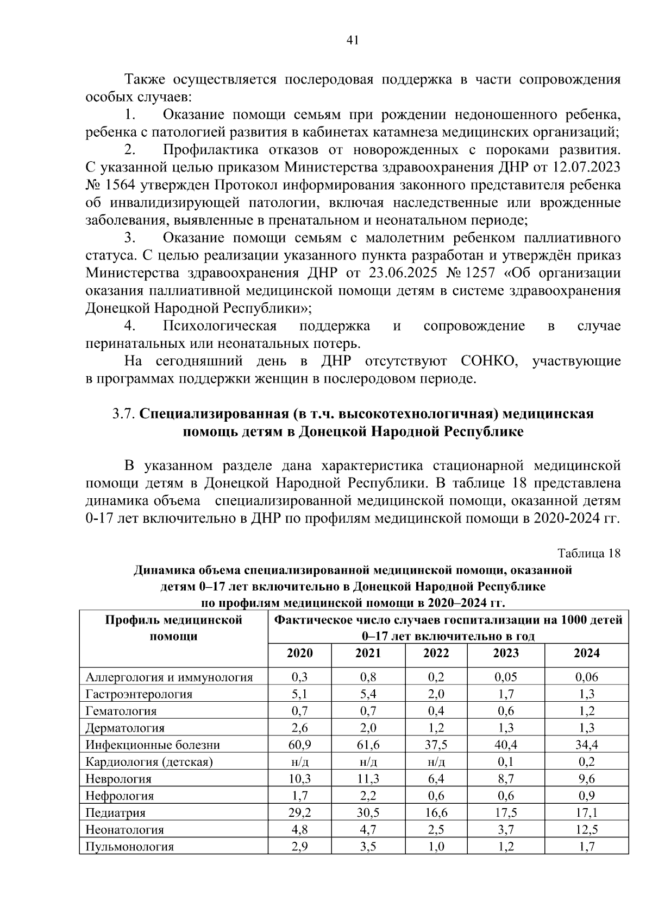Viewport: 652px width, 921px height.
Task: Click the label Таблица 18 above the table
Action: click(x=589, y=554)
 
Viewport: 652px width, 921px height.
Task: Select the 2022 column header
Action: click(x=436, y=653)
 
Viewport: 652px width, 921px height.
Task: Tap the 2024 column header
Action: click(x=586, y=653)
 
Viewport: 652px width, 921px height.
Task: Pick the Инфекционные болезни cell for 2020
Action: click(x=299, y=745)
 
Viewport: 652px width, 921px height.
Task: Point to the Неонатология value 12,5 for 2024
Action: click(x=586, y=829)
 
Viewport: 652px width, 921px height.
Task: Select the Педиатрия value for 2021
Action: click(x=368, y=812)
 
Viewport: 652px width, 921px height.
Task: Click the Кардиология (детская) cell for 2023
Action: click(x=505, y=761)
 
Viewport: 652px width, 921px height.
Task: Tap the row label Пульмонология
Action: click(x=130, y=847)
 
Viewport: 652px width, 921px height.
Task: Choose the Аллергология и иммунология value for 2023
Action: click(x=505, y=677)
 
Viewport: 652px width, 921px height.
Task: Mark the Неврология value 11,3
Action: click(x=368, y=779)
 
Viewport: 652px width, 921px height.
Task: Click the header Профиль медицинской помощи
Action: click(x=173, y=627)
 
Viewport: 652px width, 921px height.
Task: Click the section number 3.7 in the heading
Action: click(x=123, y=414)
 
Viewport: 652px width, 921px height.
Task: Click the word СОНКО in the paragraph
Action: click(x=490, y=361)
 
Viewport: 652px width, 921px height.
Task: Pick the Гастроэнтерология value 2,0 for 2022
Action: click(x=436, y=694)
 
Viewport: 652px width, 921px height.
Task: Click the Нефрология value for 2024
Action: click(x=586, y=796)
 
